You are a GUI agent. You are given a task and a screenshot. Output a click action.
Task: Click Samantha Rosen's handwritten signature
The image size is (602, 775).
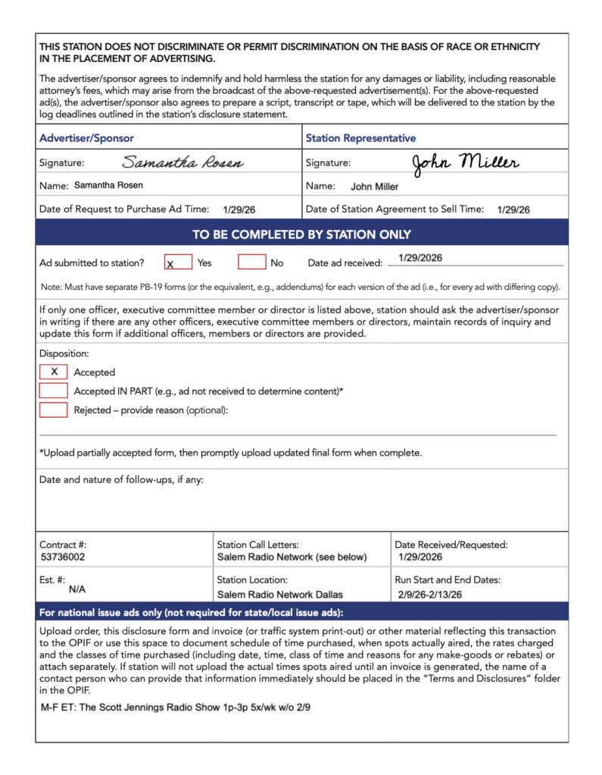[182, 163]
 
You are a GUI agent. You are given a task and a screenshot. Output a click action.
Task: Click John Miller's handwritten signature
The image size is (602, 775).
[465, 162]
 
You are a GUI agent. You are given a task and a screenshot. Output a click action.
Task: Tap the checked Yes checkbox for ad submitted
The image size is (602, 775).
[178, 263]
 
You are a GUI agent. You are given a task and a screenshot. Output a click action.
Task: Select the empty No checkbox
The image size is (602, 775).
[251, 263]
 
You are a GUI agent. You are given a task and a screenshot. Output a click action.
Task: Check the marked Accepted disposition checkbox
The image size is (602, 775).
[54, 372]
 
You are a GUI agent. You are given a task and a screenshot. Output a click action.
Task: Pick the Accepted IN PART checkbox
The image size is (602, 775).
[54, 391]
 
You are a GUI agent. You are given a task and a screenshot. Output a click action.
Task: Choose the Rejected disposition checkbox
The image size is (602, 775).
[54, 410]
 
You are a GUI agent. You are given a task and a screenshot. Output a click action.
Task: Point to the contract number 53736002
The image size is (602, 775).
[63, 557]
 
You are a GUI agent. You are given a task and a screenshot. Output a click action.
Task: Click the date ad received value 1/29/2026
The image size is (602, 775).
[420, 258]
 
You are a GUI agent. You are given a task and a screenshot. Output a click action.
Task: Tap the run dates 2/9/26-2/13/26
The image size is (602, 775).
[429, 594]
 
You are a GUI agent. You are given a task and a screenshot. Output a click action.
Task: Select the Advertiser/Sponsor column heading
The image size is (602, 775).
[86, 139]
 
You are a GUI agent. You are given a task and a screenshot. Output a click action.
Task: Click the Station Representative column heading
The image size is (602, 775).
[360, 139]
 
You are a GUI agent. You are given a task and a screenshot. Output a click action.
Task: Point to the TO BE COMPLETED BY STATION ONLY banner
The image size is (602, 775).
[301, 235]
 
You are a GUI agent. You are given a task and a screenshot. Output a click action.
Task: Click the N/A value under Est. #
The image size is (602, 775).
[77, 588]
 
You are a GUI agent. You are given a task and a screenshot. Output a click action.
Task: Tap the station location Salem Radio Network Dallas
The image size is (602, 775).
[279, 594]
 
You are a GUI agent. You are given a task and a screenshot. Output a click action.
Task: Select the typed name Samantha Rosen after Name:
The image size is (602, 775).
[108, 185]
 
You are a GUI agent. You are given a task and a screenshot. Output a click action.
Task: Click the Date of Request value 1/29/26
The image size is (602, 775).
[239, 210]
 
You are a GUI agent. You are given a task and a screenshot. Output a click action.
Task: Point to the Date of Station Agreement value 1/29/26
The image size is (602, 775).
[513, 210]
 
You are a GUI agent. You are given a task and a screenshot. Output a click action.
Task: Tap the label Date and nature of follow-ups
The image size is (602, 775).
[121, 480]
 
